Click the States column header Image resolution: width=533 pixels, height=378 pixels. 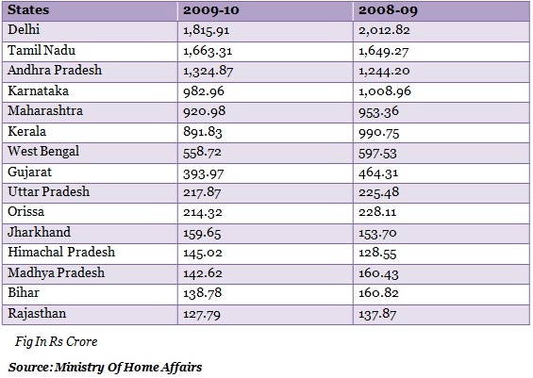pyautogui.click(x=28, y=9)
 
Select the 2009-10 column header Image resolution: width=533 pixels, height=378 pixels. pyautogui.click(x=211, y=10)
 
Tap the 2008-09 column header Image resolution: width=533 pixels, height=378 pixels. pyautogui.click(x=388, y=10)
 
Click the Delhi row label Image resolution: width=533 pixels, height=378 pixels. pyautogui.click(x=24, y=29)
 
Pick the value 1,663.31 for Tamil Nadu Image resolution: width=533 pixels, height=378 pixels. pyautogui.click(x=208, y=51)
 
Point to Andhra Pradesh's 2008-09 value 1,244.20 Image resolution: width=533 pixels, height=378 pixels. pyautogui.click(x=384, y=72)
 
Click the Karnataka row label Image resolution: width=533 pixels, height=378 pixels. pyautogui.click(x=38, y=90)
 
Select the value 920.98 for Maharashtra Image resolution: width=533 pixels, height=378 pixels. pyautogui.click(x=205, y=111)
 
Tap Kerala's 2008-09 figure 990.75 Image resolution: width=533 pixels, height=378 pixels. pyautogui.click(x=378, y=133)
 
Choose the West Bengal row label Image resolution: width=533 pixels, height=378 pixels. pyautogui.click(x=43, y=152)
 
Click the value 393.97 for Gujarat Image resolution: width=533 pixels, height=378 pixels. pyautogui.click(x=203, y=173)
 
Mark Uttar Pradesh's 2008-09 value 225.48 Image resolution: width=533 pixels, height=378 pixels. pyautogui.click(x=378, y=192)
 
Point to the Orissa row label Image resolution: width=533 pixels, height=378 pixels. pyautogui.click(x=25, y=211)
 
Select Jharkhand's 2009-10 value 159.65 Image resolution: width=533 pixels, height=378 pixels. pyautogui.click(x=202, y=234)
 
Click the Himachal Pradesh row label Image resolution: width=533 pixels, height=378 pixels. pyautogui.click(x=61, y=252)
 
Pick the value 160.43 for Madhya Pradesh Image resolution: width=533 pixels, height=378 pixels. pyautogui.click(x=378, y=273)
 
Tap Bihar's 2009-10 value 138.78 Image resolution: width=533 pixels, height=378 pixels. pyautogui.click(x=203, y=293)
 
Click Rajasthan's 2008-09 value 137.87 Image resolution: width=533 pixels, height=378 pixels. pyautogui.click(x=377, y=314)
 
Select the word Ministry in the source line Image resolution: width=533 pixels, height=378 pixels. pyautogui.click(x=79, y=367)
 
